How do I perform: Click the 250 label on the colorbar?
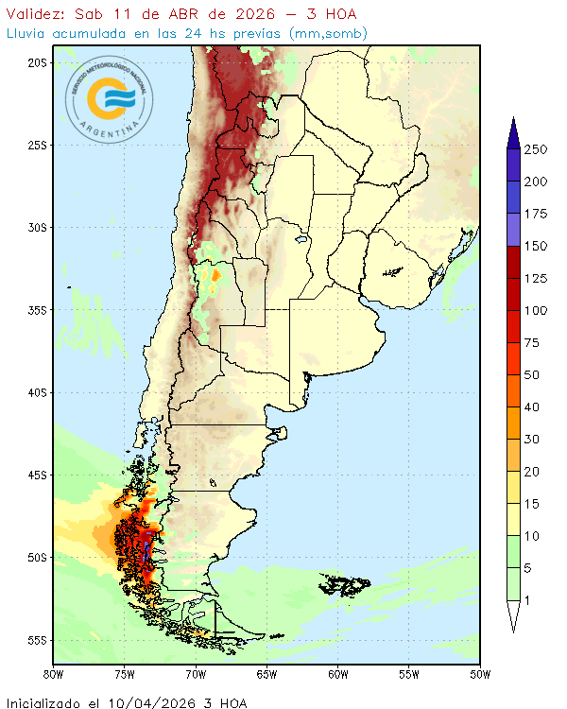coord(536,149)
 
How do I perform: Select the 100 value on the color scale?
coord(536,310)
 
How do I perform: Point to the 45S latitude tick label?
coord(38,475)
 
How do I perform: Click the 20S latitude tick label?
coord(38,62)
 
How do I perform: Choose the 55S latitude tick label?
coord(38,639)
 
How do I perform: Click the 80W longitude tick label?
coord(54,674)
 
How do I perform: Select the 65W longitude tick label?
coord(266,674)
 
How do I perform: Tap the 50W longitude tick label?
coord(480,674)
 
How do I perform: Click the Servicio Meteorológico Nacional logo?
coord(111,98)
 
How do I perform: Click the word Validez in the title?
coord(34,14)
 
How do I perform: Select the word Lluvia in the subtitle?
coord(27,34)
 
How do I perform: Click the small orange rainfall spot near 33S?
coord(215,276)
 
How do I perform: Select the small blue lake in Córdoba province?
coord(300,240)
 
